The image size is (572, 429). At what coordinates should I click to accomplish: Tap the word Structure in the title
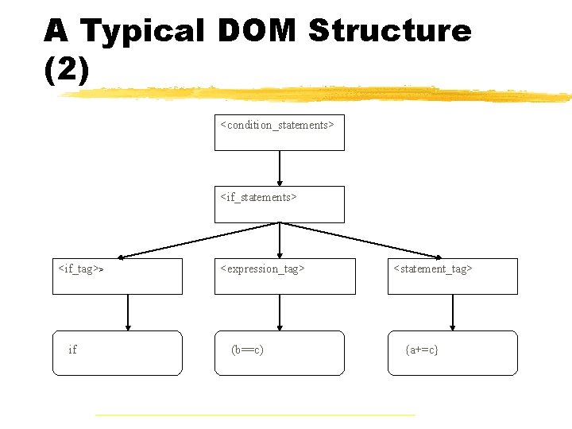click(389, 31)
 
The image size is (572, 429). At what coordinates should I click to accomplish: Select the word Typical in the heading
click(143, 31)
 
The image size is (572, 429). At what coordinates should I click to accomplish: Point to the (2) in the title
click(67, 70)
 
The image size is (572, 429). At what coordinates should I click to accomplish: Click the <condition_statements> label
click(277, 125)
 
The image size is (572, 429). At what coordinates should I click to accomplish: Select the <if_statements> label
click(258, 197)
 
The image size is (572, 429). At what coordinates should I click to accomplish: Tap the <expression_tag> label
click(262, 269)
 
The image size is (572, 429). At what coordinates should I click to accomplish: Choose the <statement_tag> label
click(433, 269)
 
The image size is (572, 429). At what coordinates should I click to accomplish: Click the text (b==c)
click(247, 350)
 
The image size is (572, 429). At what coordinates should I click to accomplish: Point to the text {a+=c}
click(421, 350)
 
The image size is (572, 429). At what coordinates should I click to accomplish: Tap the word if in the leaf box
click(73, 350)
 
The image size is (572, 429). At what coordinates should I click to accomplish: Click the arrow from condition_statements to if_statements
click(280, 168)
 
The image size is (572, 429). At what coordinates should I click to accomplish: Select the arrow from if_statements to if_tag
click(199, 240)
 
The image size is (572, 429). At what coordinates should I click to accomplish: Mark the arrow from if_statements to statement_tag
click(361, 240)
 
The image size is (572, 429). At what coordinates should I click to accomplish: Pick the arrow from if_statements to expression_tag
click(280, 240)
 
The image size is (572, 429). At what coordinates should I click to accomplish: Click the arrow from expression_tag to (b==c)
click(280, 312)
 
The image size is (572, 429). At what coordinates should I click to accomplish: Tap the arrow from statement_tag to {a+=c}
click(453, 312)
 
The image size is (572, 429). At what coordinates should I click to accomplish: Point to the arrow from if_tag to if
click(128, 312)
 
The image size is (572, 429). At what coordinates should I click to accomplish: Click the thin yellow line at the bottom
click(254, 415)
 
